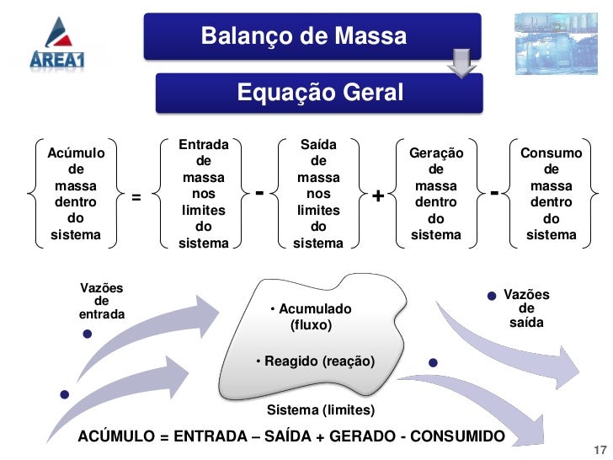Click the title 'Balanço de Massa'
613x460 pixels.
[x=303, y=37]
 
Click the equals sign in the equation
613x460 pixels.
[x=135, y=198]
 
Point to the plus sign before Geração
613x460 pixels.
[x=378, y=197]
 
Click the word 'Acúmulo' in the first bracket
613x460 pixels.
[x=76, y=153]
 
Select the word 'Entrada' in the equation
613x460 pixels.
[x=204, y=145]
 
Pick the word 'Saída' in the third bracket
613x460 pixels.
[x=318, y=145]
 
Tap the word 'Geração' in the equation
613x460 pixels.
[x=435, y=153]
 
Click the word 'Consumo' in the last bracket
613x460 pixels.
[x=551, y=153]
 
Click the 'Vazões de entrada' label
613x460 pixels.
[x=101, y=301]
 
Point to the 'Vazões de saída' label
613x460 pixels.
[x=526, y=308]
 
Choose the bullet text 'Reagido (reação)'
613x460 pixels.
[x=316, y=361]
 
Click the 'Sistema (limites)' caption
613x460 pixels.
[x=321, y=409]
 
